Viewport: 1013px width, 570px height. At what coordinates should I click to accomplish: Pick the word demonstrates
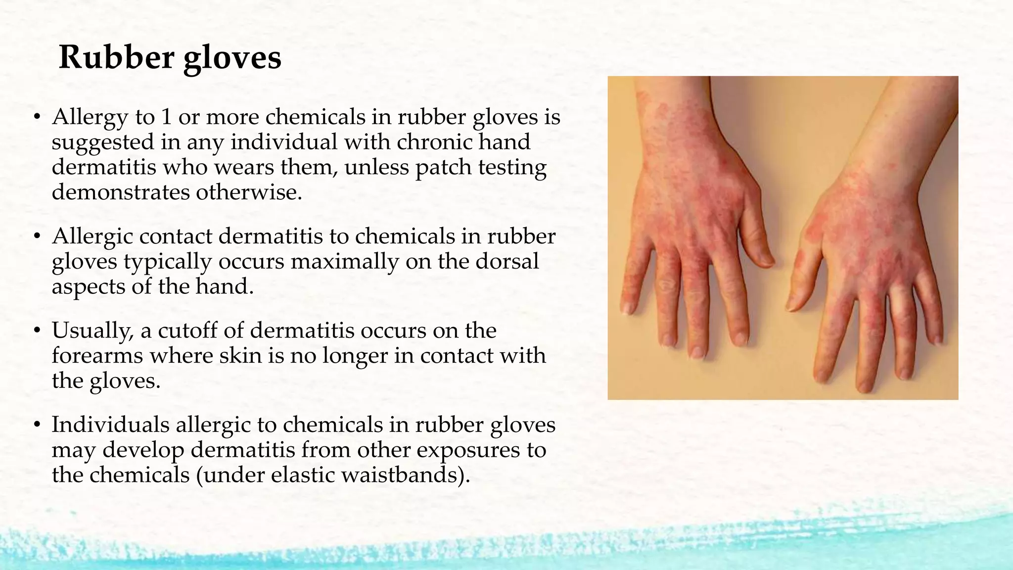(121, 192)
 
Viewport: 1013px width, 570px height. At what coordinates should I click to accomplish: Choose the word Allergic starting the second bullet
(92, 237)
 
